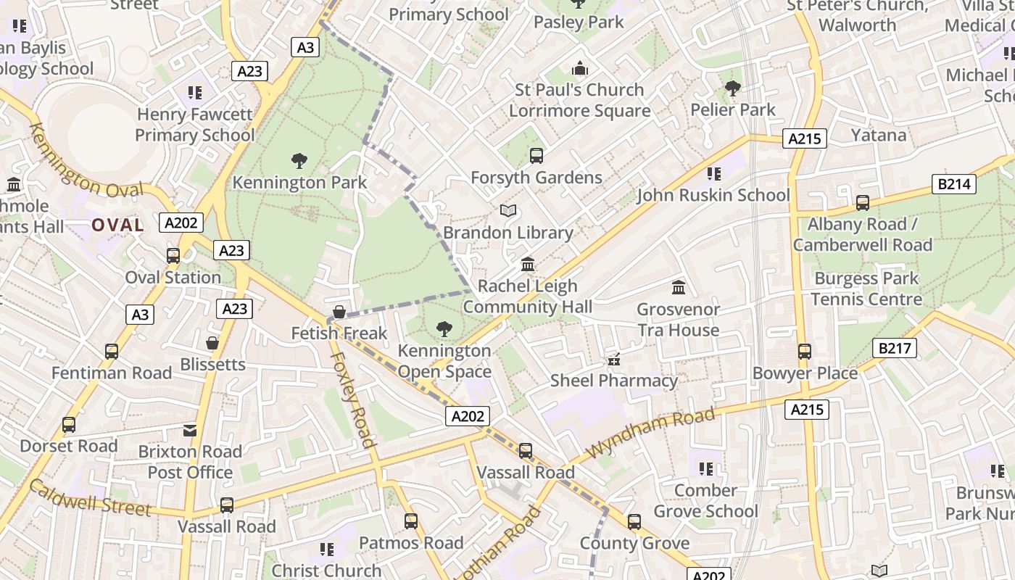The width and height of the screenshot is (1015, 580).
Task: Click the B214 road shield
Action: pos(953,184)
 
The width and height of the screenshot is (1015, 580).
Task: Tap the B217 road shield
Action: pos(894,349)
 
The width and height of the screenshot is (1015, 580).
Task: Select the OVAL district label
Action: pos(117,225)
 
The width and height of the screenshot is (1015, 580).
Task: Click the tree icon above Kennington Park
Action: pos(299,161)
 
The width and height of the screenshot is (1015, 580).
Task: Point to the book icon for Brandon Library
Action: pos(508,211)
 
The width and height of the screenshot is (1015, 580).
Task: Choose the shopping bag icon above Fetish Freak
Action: pos(339,312)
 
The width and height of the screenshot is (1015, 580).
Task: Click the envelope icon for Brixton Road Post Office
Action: pos(190,431)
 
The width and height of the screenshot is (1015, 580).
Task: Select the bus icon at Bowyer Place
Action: pos(805,352)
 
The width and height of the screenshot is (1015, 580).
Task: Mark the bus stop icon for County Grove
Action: pos(634,522)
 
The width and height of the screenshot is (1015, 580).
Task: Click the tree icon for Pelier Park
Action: pos(733,88)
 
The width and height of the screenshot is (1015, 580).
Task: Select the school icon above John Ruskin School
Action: pos(714,174)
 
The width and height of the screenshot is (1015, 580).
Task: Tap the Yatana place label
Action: pos(878,135)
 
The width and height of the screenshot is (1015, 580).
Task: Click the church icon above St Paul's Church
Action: pos(579,69)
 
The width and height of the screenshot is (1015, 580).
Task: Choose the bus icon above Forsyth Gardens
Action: pos(536,156)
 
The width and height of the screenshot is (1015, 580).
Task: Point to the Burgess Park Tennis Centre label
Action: pos(866,289)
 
